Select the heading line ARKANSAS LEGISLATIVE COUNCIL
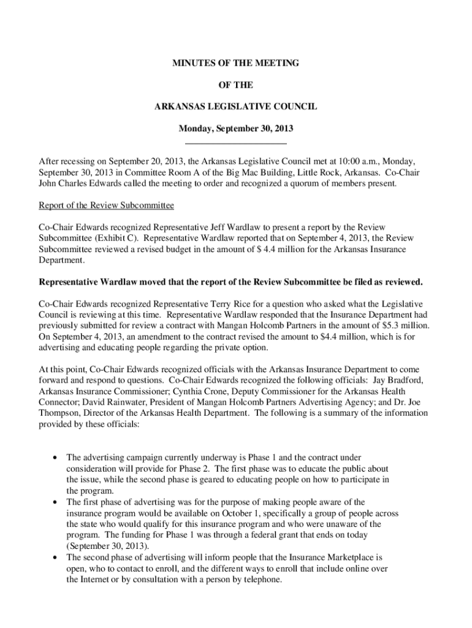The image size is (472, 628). [235, 107]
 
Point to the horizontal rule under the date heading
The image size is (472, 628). [235, 143]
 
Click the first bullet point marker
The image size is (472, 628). [56, 458]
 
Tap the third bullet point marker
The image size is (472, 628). [56, 557]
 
